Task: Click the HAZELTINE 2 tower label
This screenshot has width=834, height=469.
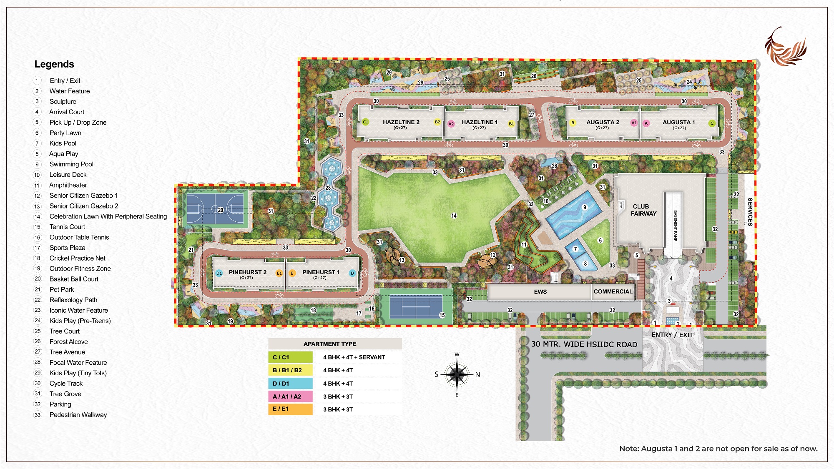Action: (x=401, y=122)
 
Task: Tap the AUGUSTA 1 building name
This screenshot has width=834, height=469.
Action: (x=678, y=122)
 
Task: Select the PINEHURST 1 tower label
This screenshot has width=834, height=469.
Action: (x=321, y=272)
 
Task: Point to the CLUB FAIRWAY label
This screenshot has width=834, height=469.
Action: (x=643, y=210)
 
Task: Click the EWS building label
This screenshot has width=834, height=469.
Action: (x=540, y=292)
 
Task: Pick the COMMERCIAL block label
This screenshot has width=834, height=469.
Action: (x=613, y=291)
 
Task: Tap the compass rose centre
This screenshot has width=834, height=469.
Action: (x=457, y=374)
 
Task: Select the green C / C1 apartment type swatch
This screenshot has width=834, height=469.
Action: (x=290, y=357)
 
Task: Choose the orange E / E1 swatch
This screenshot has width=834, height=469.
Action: (x=290, y=409)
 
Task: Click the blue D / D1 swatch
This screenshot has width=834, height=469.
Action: (x=290, y=384)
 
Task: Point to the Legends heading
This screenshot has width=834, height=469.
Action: (x=54, y=64)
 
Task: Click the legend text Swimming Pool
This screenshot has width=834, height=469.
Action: (x=71, y=164)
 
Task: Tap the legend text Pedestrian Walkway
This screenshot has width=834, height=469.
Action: (x=78, y=415)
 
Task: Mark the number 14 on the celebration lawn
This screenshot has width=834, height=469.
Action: (x=454, y=216)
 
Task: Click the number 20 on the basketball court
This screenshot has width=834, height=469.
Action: (x=220, y=210)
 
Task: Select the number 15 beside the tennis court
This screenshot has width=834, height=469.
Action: (x=442, y=315)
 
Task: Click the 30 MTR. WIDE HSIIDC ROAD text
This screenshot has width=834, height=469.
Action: (x=584, y=344)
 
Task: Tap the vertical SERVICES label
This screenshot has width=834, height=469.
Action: (x=750, y=212)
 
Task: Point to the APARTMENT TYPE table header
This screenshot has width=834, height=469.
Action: (x=330, y=344)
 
